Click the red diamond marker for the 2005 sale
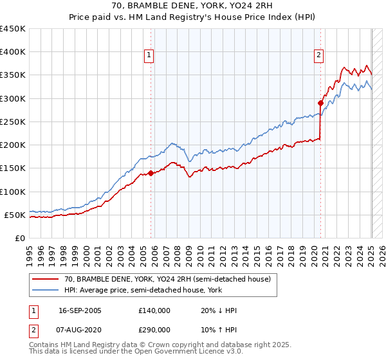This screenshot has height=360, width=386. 151,173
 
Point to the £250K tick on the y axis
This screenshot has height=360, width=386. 14,122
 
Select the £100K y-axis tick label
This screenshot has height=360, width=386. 14,192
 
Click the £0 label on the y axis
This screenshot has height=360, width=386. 20,238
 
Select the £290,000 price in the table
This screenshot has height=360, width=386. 154,329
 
